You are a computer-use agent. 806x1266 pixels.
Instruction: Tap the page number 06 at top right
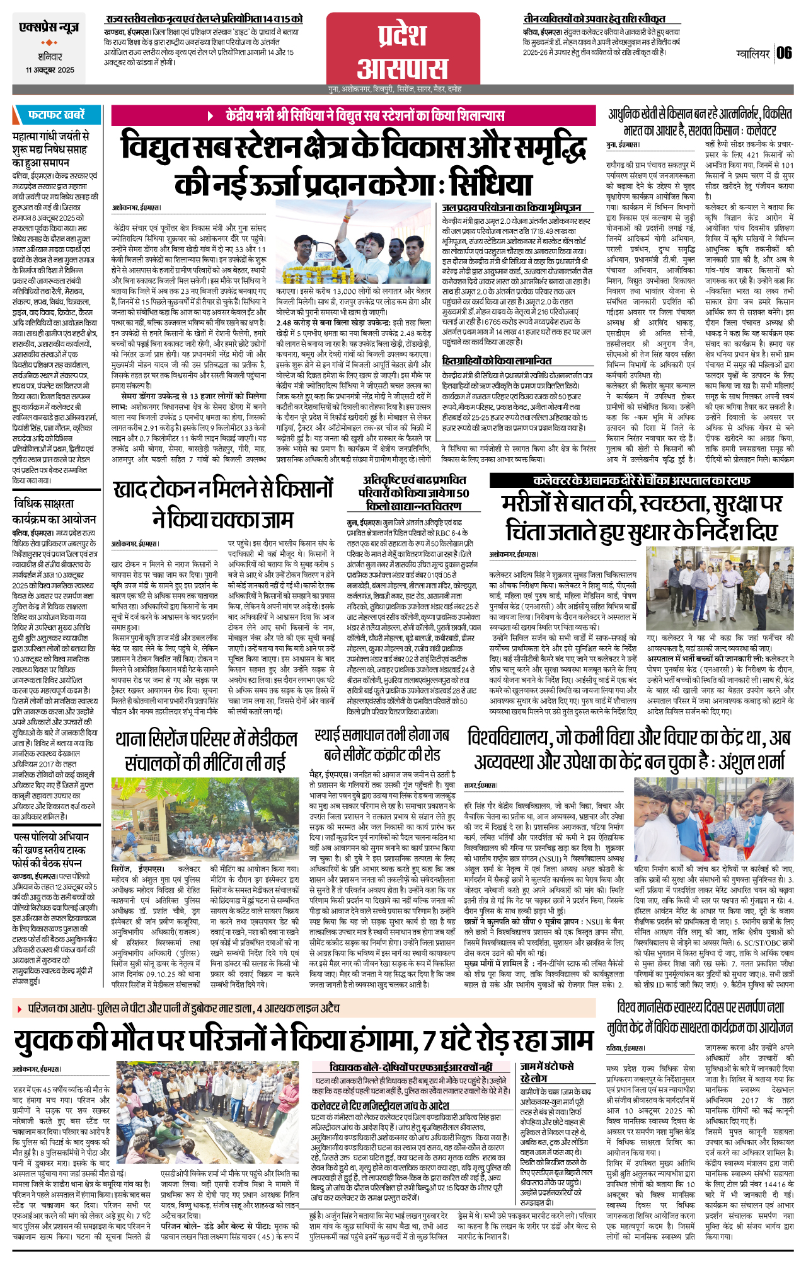(x=784, y=53)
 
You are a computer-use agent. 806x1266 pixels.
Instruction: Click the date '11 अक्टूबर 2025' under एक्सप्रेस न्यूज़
(x=50, y=70)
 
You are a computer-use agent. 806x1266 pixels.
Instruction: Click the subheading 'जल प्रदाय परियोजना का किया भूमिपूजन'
(x=511, y=207)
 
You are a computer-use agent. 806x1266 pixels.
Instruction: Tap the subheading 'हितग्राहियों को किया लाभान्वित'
(x=497, y=361)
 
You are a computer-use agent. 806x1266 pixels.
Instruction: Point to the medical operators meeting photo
(x=204, y=820)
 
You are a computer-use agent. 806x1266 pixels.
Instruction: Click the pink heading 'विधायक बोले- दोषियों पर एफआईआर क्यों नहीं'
(x=411, y=1067)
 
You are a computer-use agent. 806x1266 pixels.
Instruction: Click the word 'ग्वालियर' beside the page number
(x=752, y=54)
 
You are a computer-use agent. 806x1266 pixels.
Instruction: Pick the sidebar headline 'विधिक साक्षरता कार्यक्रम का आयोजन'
(x=54, y=511)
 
